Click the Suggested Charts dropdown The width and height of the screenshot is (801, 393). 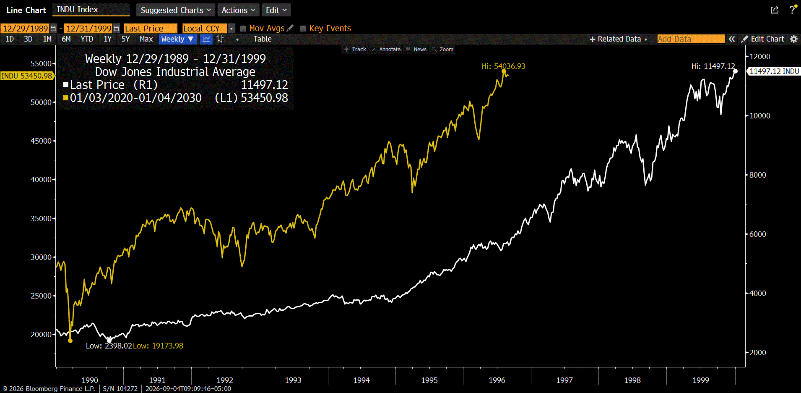point(175,10)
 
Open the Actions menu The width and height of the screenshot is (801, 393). point(238,10)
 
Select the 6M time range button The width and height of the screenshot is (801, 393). point(66,39)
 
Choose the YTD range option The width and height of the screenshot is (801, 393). point(87,39)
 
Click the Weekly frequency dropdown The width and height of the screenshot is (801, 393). point(177,39)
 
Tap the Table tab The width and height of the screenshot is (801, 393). point(263,39)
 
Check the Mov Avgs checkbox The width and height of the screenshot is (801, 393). point(243,29)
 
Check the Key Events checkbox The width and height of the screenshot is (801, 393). point(303,29)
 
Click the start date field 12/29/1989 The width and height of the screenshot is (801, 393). point(25,29)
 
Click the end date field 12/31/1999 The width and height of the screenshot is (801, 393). point(88,29)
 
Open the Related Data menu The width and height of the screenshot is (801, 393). point(619,39)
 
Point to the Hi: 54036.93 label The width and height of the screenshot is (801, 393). point(503,66)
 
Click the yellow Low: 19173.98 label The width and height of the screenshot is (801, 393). point(158,346)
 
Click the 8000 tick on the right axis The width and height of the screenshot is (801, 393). point(758,175)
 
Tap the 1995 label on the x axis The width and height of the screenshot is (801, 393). point(429,380)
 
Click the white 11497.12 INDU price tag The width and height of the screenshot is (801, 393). point(774,71)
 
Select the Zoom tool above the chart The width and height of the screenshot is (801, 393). point(443,50)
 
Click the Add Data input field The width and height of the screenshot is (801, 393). point(691,39)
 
